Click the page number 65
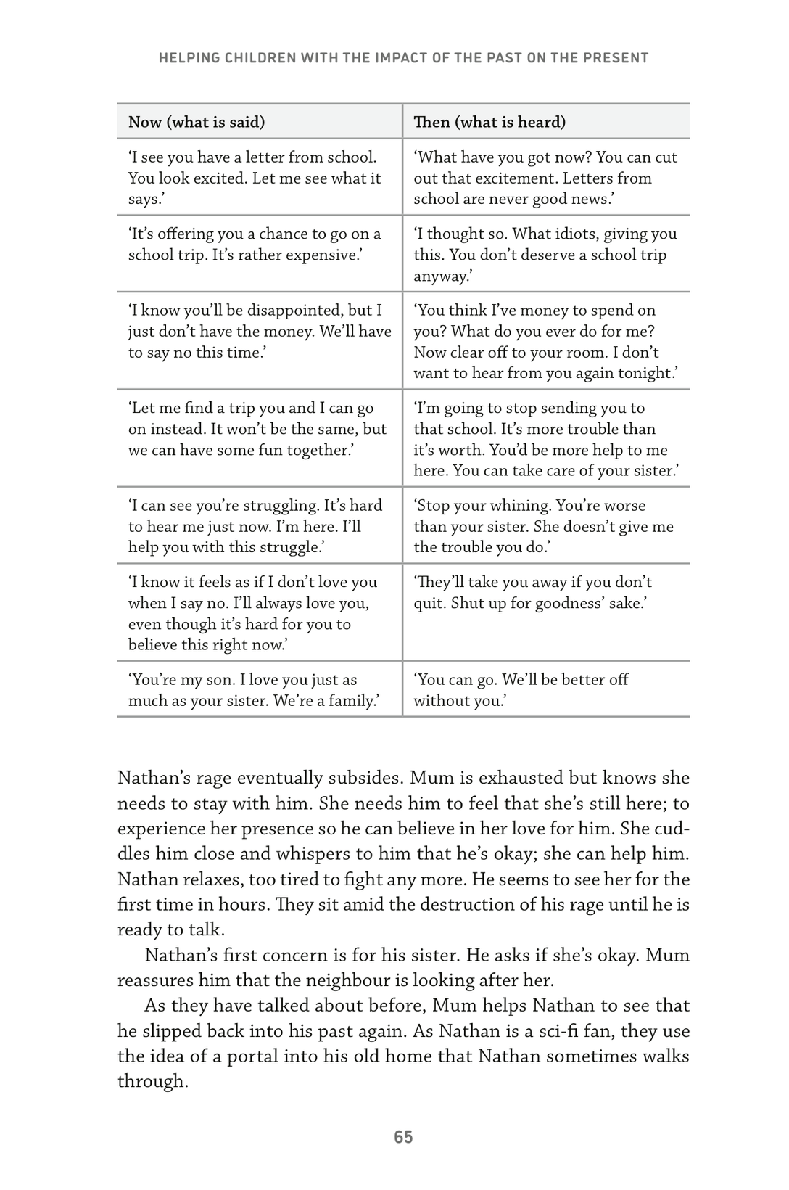403,1137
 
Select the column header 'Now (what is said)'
197,122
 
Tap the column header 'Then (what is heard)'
489,122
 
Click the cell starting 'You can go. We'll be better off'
545,689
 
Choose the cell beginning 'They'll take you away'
545,592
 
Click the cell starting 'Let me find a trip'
259,429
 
